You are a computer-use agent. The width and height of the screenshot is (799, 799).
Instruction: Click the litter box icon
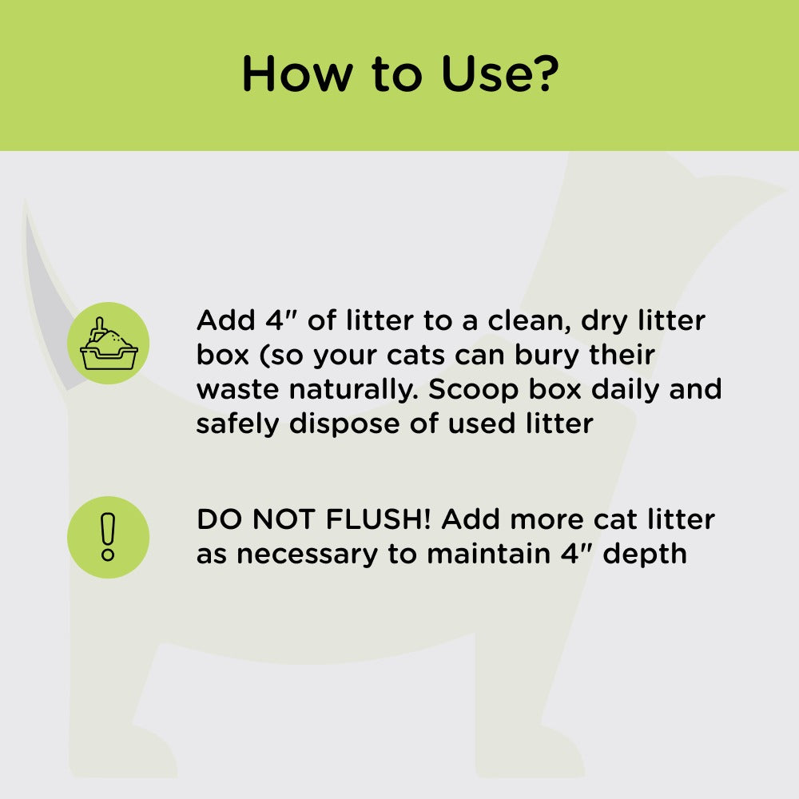(x=109, y=343)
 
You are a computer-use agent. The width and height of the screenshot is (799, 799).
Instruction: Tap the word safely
(x=238, y=423)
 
